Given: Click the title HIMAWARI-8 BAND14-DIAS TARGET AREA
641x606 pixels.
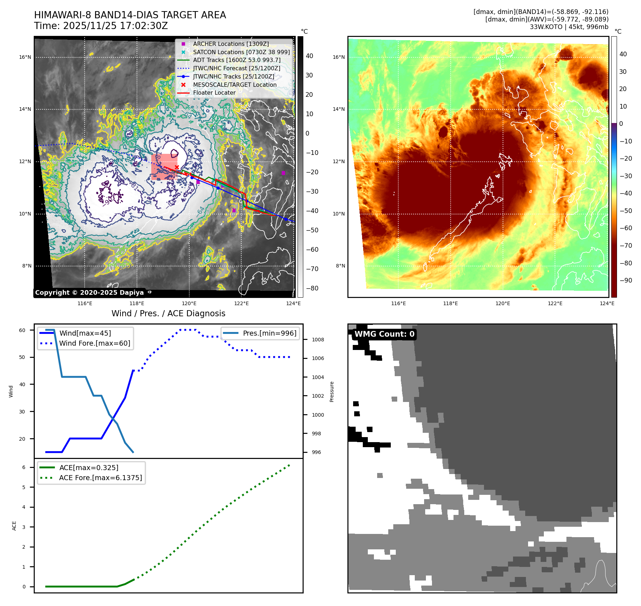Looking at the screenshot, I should [130, 15].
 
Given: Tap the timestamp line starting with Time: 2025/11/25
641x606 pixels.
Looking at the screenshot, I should [101, 26].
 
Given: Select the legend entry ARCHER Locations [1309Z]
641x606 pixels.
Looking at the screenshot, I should [231, 44].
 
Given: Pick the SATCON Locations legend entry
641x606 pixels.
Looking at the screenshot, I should [241, 52].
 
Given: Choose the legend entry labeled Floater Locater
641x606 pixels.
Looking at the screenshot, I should [214, 93].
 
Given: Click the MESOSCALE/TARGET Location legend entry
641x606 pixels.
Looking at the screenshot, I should [234, 85].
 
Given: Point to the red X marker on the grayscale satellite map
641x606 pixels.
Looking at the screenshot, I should [177, 167].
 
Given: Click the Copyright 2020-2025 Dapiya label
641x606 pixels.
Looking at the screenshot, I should [89, 293].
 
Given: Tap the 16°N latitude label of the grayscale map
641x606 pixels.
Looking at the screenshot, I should [25, 57].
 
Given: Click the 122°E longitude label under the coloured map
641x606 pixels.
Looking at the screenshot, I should [555, 303].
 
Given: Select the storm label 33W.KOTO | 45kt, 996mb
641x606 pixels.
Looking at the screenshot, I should [569, 27].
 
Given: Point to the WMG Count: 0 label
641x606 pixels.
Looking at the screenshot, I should [384, 334].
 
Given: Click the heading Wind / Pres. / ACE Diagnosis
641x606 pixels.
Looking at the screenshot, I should [168, 313].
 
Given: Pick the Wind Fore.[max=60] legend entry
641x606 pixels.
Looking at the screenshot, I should [95, 343].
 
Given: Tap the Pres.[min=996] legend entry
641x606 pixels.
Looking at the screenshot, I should [269, 333].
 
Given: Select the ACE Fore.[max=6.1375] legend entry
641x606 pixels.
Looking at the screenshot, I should [100, 478].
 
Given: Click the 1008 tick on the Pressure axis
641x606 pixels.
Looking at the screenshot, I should [318, 340].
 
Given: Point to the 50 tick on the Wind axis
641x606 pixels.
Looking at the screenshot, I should [22, 357].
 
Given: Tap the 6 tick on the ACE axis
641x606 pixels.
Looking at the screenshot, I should [24, 467].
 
